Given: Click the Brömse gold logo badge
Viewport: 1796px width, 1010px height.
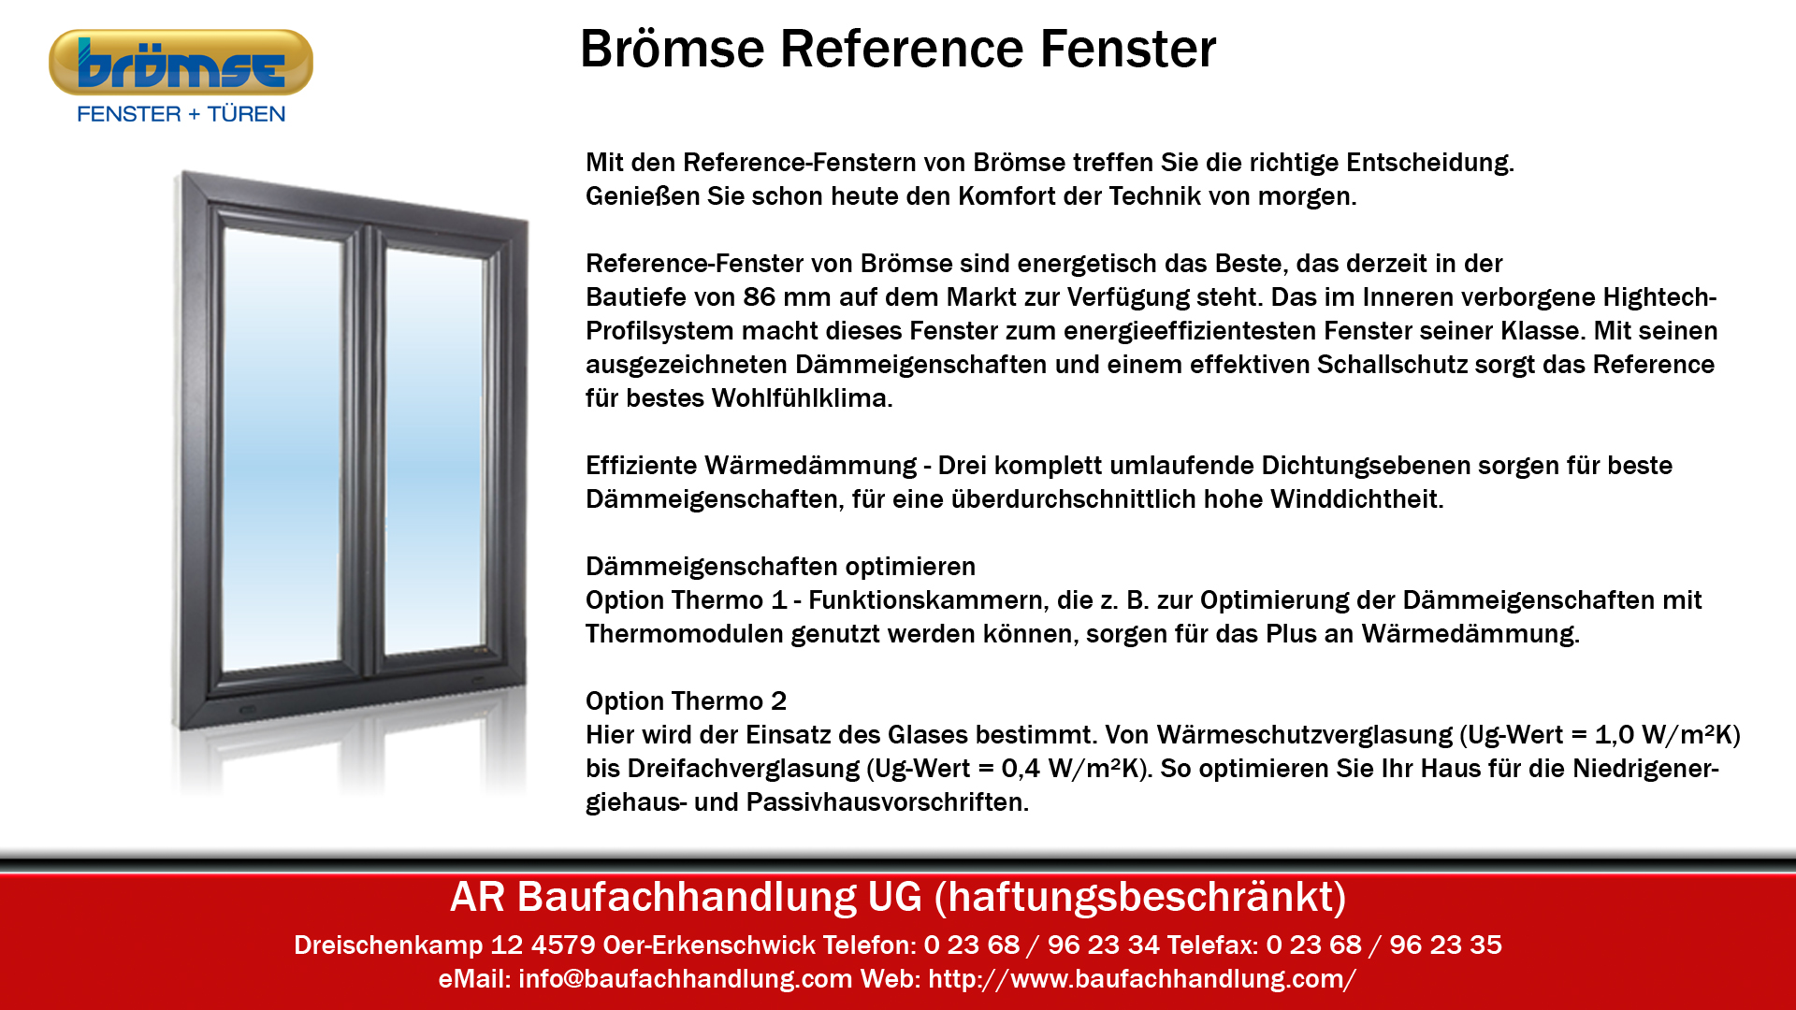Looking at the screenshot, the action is coord(181,63).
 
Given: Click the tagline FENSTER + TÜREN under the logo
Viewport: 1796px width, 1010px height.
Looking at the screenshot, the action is coord(181,114).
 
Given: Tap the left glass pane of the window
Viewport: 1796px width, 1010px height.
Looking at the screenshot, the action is coord(283,449).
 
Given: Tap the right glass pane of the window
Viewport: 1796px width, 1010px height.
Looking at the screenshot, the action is coord(434,449).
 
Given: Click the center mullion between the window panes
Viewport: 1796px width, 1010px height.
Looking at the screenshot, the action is coord(365,449).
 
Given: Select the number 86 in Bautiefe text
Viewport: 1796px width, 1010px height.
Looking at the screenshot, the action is coord(759,297).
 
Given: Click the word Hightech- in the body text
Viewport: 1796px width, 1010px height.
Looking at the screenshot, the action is coord(1659,297).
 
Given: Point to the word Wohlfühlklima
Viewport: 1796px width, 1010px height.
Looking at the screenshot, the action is coord(802,398).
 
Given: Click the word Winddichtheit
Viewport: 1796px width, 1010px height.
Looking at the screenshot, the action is coord(1356,499).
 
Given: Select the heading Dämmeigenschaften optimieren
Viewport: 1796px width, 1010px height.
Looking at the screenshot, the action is coord(780,567).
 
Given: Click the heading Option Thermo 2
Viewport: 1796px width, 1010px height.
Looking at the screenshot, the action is coord(686,701).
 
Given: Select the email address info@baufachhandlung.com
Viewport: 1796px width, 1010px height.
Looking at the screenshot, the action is coord(685,979).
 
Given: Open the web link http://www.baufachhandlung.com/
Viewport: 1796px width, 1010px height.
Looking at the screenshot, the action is coord(1142,979).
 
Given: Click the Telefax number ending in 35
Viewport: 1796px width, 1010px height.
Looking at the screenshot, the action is coord(1383,945).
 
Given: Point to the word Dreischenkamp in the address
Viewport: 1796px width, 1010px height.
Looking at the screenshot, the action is coord(388,945).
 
